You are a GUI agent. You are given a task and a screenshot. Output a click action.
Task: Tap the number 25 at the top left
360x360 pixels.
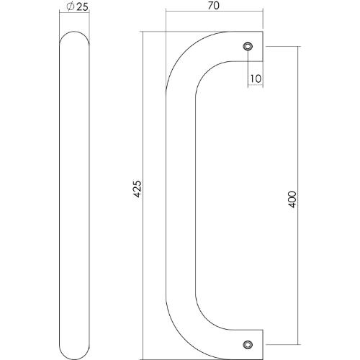click(81, 7)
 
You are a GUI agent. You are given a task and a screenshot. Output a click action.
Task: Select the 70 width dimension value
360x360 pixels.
click(213, 6)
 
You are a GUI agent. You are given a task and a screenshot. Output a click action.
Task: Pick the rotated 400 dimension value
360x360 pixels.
click(292, 199)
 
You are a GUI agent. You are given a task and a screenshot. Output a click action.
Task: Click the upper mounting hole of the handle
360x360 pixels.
click(248, 46)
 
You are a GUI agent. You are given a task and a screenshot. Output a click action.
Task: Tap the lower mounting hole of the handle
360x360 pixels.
click(248, 344)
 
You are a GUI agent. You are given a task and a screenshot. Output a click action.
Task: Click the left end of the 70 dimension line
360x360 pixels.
click(166, 12)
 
